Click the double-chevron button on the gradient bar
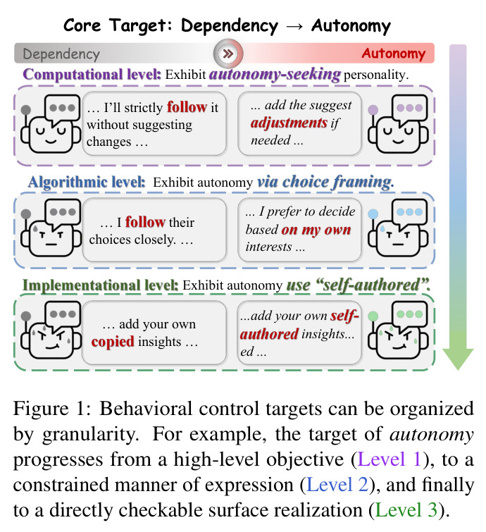coord(228,54)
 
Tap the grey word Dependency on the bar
coord(61,54)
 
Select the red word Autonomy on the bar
coord(394,54)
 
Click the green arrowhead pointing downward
coord(458,359)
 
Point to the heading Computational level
coord(92,74)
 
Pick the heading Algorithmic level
coord(87,182)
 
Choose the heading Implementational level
coord(101,285)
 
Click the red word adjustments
coord(289,123)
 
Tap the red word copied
coord(113,341)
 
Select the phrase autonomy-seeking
coord(275,74)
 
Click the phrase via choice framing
coord(325,182)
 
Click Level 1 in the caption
coord(390,459)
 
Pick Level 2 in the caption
coord(337,485)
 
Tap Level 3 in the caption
coord(406,509)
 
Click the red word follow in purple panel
coord(187,107)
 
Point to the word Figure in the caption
coord(41,409)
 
